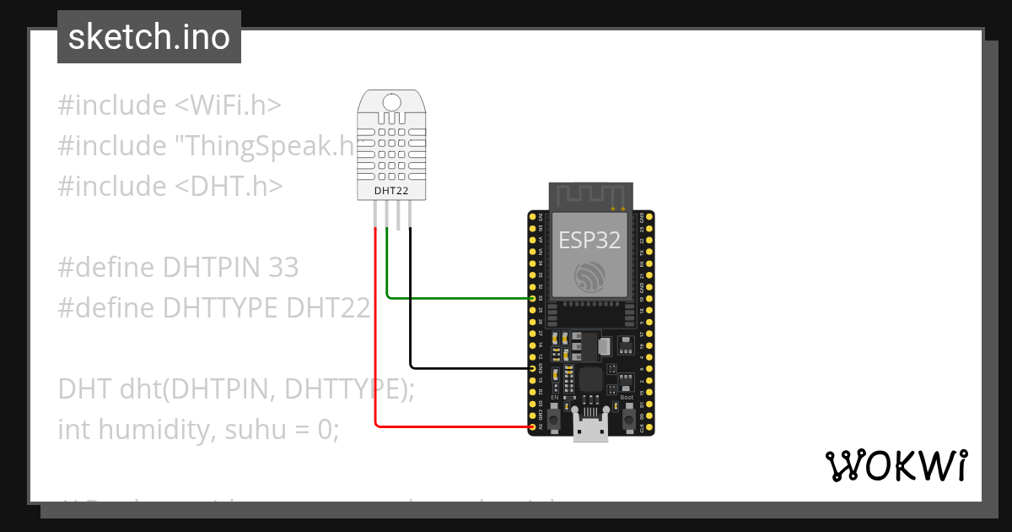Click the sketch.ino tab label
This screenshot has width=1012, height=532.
click(149, 37)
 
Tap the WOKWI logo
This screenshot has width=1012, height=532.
click(896, 465)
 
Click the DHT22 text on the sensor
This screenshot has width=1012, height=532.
click(391, 192)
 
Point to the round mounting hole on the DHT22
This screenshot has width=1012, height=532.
click(391, 102)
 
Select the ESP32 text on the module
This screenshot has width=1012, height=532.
click(589, 240)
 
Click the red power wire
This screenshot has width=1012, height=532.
click(376, 338)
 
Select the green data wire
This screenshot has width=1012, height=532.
click(455, 297)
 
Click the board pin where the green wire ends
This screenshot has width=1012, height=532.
click(532, 298)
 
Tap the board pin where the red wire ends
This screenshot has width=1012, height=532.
click(532, 427)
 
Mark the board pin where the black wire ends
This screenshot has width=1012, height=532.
click(532, 368)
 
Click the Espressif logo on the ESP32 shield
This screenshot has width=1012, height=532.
click(589, 277)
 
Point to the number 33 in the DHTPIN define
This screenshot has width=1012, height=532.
click(283, 268)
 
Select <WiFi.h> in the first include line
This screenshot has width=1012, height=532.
click(228, 106)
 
